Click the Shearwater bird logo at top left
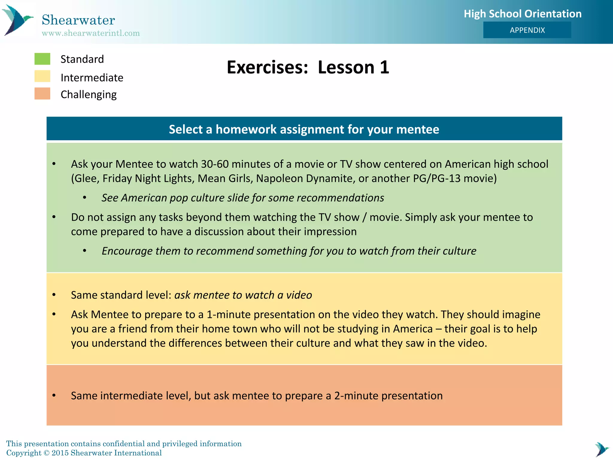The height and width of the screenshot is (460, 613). [x=17, y=20]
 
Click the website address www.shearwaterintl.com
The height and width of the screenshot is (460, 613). [x=91, y=33]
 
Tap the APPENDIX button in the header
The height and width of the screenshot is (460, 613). [x=527, y=30]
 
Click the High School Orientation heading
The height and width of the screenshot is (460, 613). [x=522, y=14]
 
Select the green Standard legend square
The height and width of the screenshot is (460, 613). [x=42, y=59]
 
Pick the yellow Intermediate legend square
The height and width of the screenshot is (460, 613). [x=42, y=76]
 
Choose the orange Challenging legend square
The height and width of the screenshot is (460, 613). [x=42, y=94]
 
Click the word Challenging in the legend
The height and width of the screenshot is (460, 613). [x=89, y=95]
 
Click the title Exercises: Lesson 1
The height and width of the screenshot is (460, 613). [x=308, y=67]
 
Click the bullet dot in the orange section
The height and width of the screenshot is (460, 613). [x=54, y=396]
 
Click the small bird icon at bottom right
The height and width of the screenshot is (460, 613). [x=601, y=449]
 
